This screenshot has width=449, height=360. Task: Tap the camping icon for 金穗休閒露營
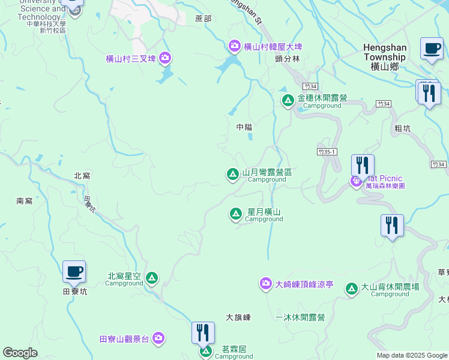(x=288, y=101)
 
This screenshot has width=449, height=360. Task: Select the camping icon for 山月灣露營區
(x=232, y=175)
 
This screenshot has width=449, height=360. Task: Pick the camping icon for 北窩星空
(x=152, y=278)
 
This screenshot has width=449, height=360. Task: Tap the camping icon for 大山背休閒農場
(x=352, y=289)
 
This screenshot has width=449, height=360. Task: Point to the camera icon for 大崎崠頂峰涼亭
(x=266, y=284)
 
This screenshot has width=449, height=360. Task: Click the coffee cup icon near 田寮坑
(x=74, y=271)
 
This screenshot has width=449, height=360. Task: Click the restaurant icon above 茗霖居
(x=203, y=332)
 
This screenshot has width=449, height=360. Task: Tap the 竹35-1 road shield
(x=327, y=152)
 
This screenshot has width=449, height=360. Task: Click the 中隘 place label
(x=244, y=127)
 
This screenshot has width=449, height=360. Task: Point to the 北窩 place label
(x=82, y=176)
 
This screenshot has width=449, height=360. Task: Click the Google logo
(x=20, y=353)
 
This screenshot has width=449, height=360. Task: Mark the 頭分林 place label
(x=288, y=59)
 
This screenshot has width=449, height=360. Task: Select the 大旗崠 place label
(x=238, y=317)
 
